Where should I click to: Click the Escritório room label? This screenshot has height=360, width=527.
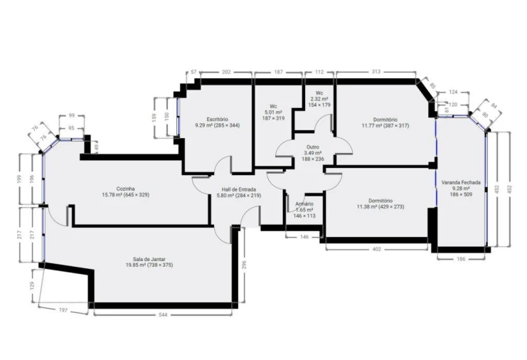click(217, 119)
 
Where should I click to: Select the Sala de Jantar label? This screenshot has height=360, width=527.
click(145, 259)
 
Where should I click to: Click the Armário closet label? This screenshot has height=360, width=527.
click(304, 204)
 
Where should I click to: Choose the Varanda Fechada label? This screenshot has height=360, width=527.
click(461, 182)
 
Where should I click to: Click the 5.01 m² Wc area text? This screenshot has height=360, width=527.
click(274, 112)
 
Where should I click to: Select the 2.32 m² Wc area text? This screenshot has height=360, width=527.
click(319, 99)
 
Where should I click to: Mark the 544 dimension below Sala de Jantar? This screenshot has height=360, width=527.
click(164, 314)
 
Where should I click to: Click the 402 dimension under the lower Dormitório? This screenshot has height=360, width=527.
click(377, 249)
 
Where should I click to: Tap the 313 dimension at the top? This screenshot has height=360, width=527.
click(377, 72)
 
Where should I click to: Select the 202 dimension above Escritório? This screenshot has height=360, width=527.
click(226, 72)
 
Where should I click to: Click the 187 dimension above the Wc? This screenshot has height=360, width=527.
click(278, 72)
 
